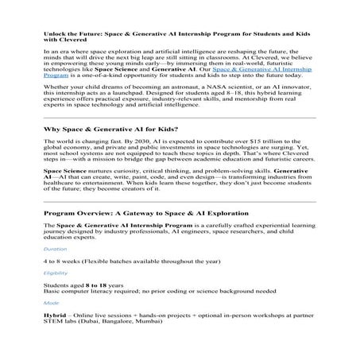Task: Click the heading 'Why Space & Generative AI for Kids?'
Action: coord(106,129)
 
